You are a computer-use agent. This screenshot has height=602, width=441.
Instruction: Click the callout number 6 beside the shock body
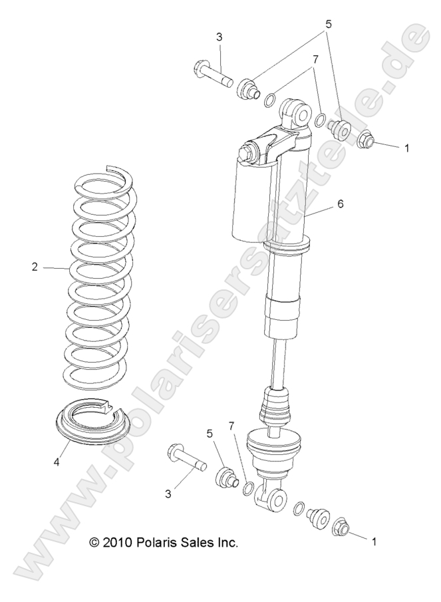point(340,204)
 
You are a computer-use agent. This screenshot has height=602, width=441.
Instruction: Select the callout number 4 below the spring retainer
point(57,462)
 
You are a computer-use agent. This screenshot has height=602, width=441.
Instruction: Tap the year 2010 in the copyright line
point(116,543)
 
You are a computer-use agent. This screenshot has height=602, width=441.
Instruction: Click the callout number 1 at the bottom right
point(374,542)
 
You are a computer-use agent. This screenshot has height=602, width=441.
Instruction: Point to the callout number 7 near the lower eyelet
point(231,425)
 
